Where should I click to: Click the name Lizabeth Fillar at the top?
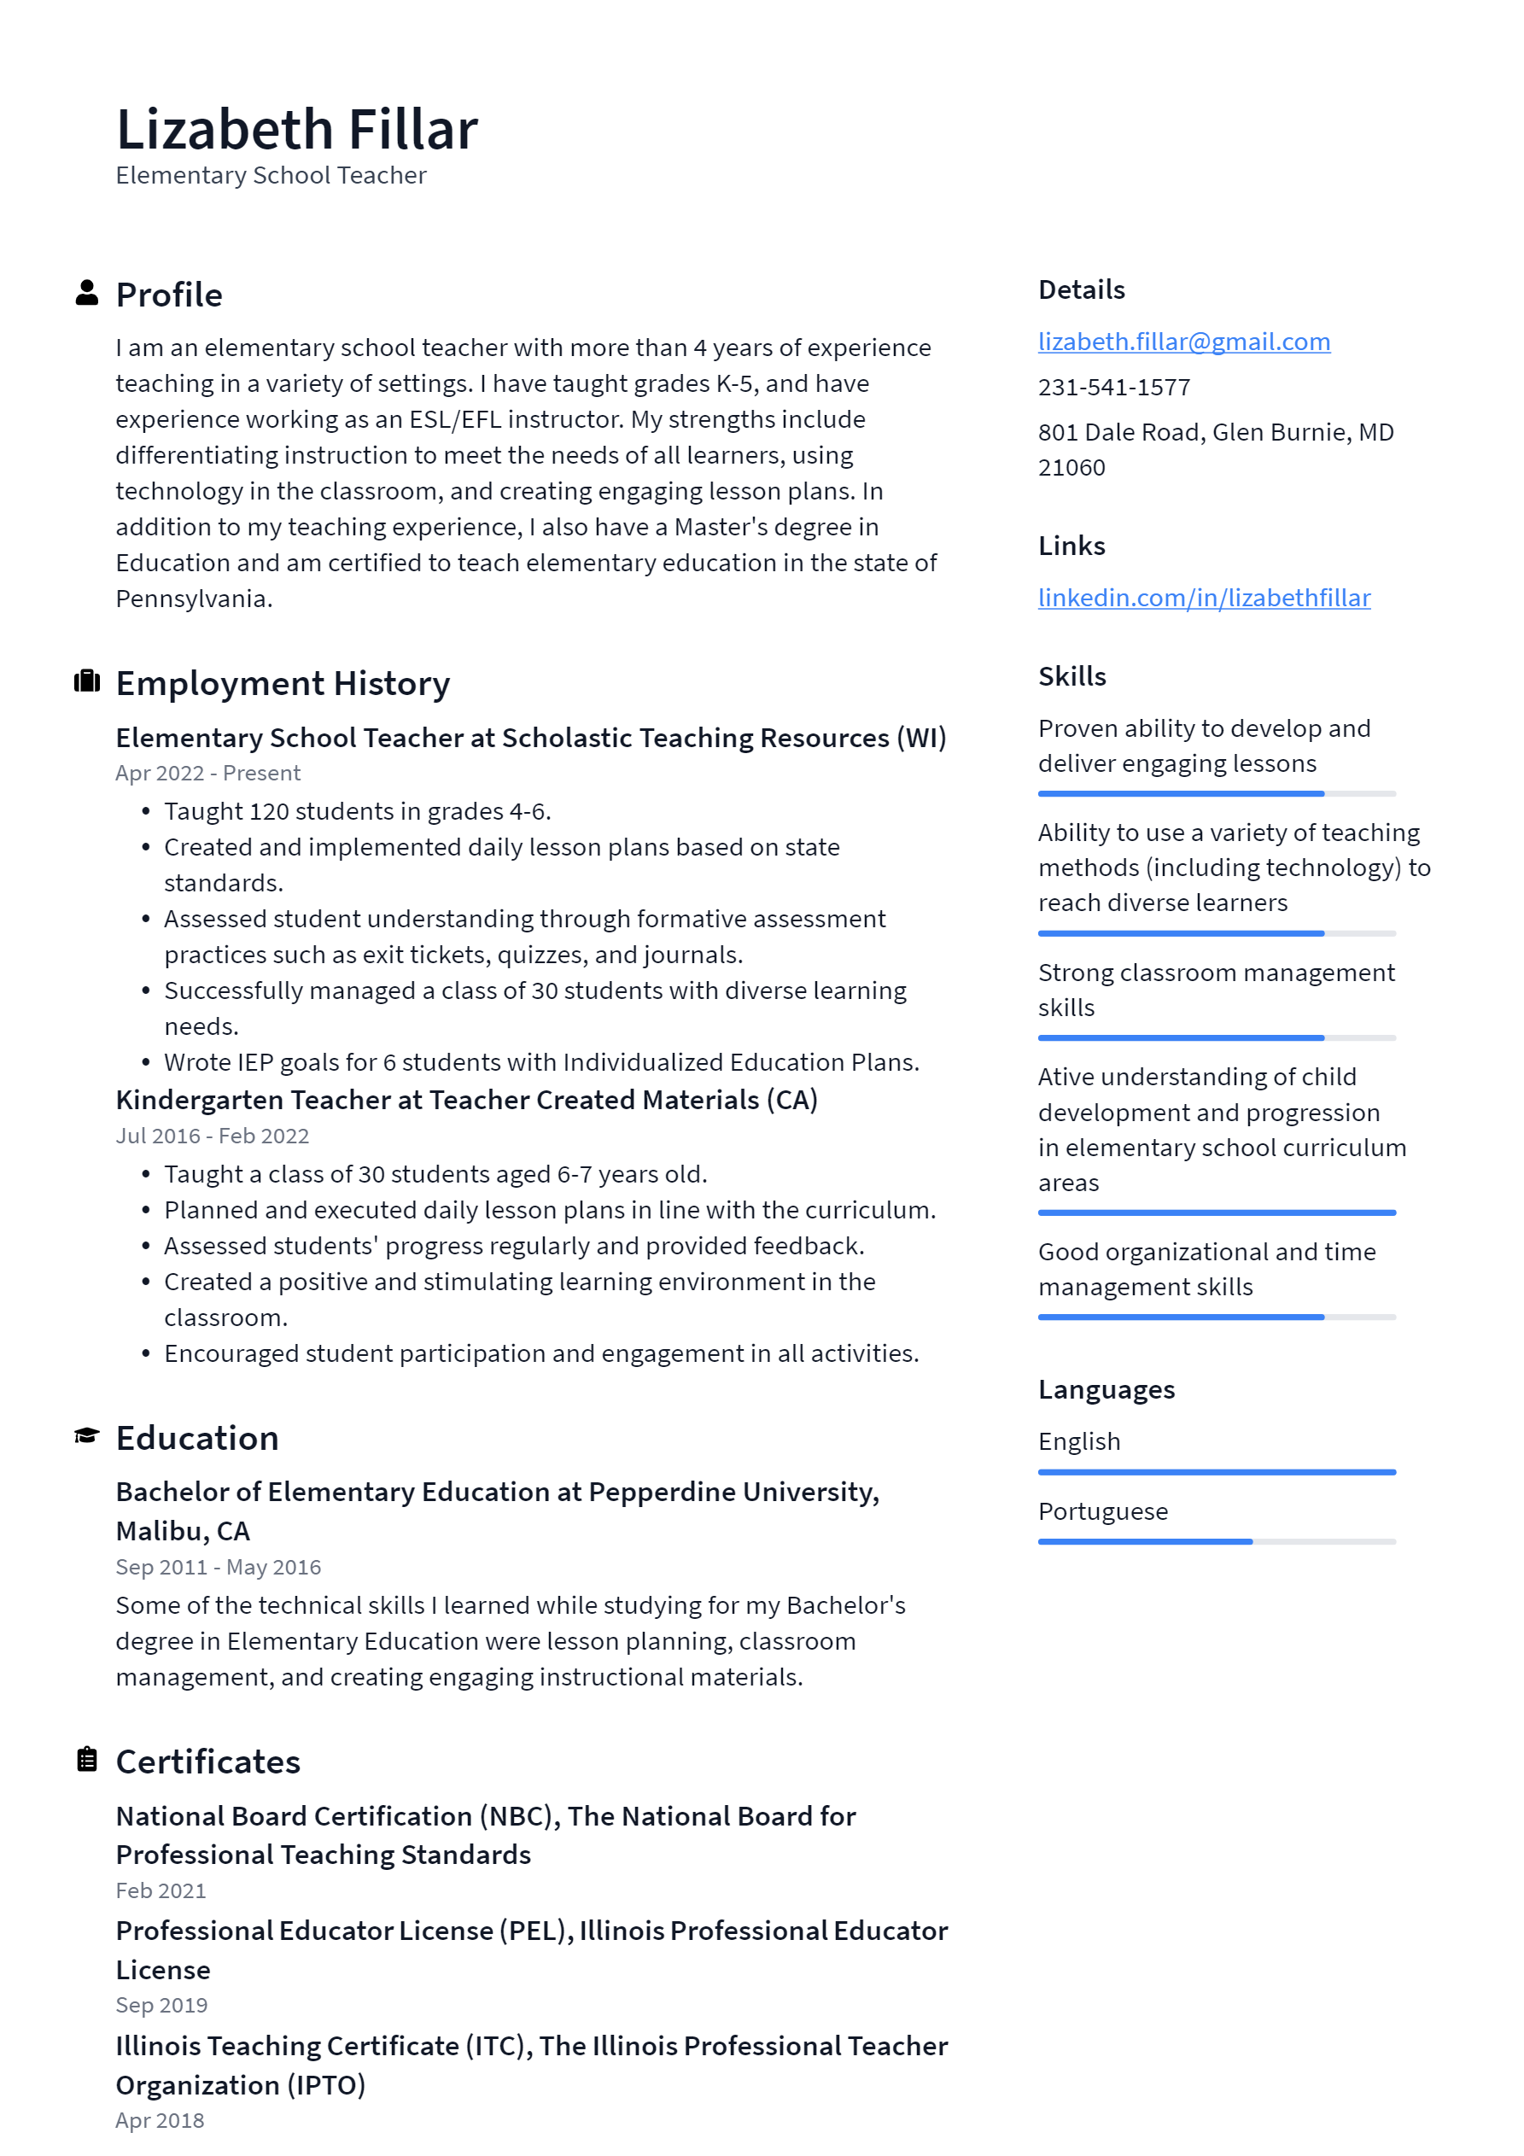pos(297,130)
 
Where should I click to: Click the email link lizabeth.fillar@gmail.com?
pos(1183,342)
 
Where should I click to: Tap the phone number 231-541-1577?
pos(1113,387)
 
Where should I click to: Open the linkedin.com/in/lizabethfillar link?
pos(1203,599)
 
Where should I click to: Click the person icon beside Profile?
pos(87,293)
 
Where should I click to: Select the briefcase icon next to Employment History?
pos(87,681)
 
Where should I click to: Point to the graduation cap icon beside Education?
pos(87,1436)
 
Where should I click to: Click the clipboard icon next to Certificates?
pos(87,1759)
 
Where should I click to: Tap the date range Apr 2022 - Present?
pos(207,773)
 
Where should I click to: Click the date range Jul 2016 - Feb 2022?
pos(213,1136)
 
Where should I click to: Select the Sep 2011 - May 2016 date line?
pos(218,1567)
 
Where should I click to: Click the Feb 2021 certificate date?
pos(161,1890)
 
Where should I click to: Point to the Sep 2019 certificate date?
pos(161,2005)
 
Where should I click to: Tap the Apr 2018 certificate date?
pos(160,2120)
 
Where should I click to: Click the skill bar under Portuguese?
pos(1216,1542)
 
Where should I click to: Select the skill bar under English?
pos(1216,1472)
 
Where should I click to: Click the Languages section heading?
pos(1107,1390)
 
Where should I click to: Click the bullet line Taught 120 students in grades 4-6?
pos(357,811)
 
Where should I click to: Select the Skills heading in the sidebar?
pos(1071,677)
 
